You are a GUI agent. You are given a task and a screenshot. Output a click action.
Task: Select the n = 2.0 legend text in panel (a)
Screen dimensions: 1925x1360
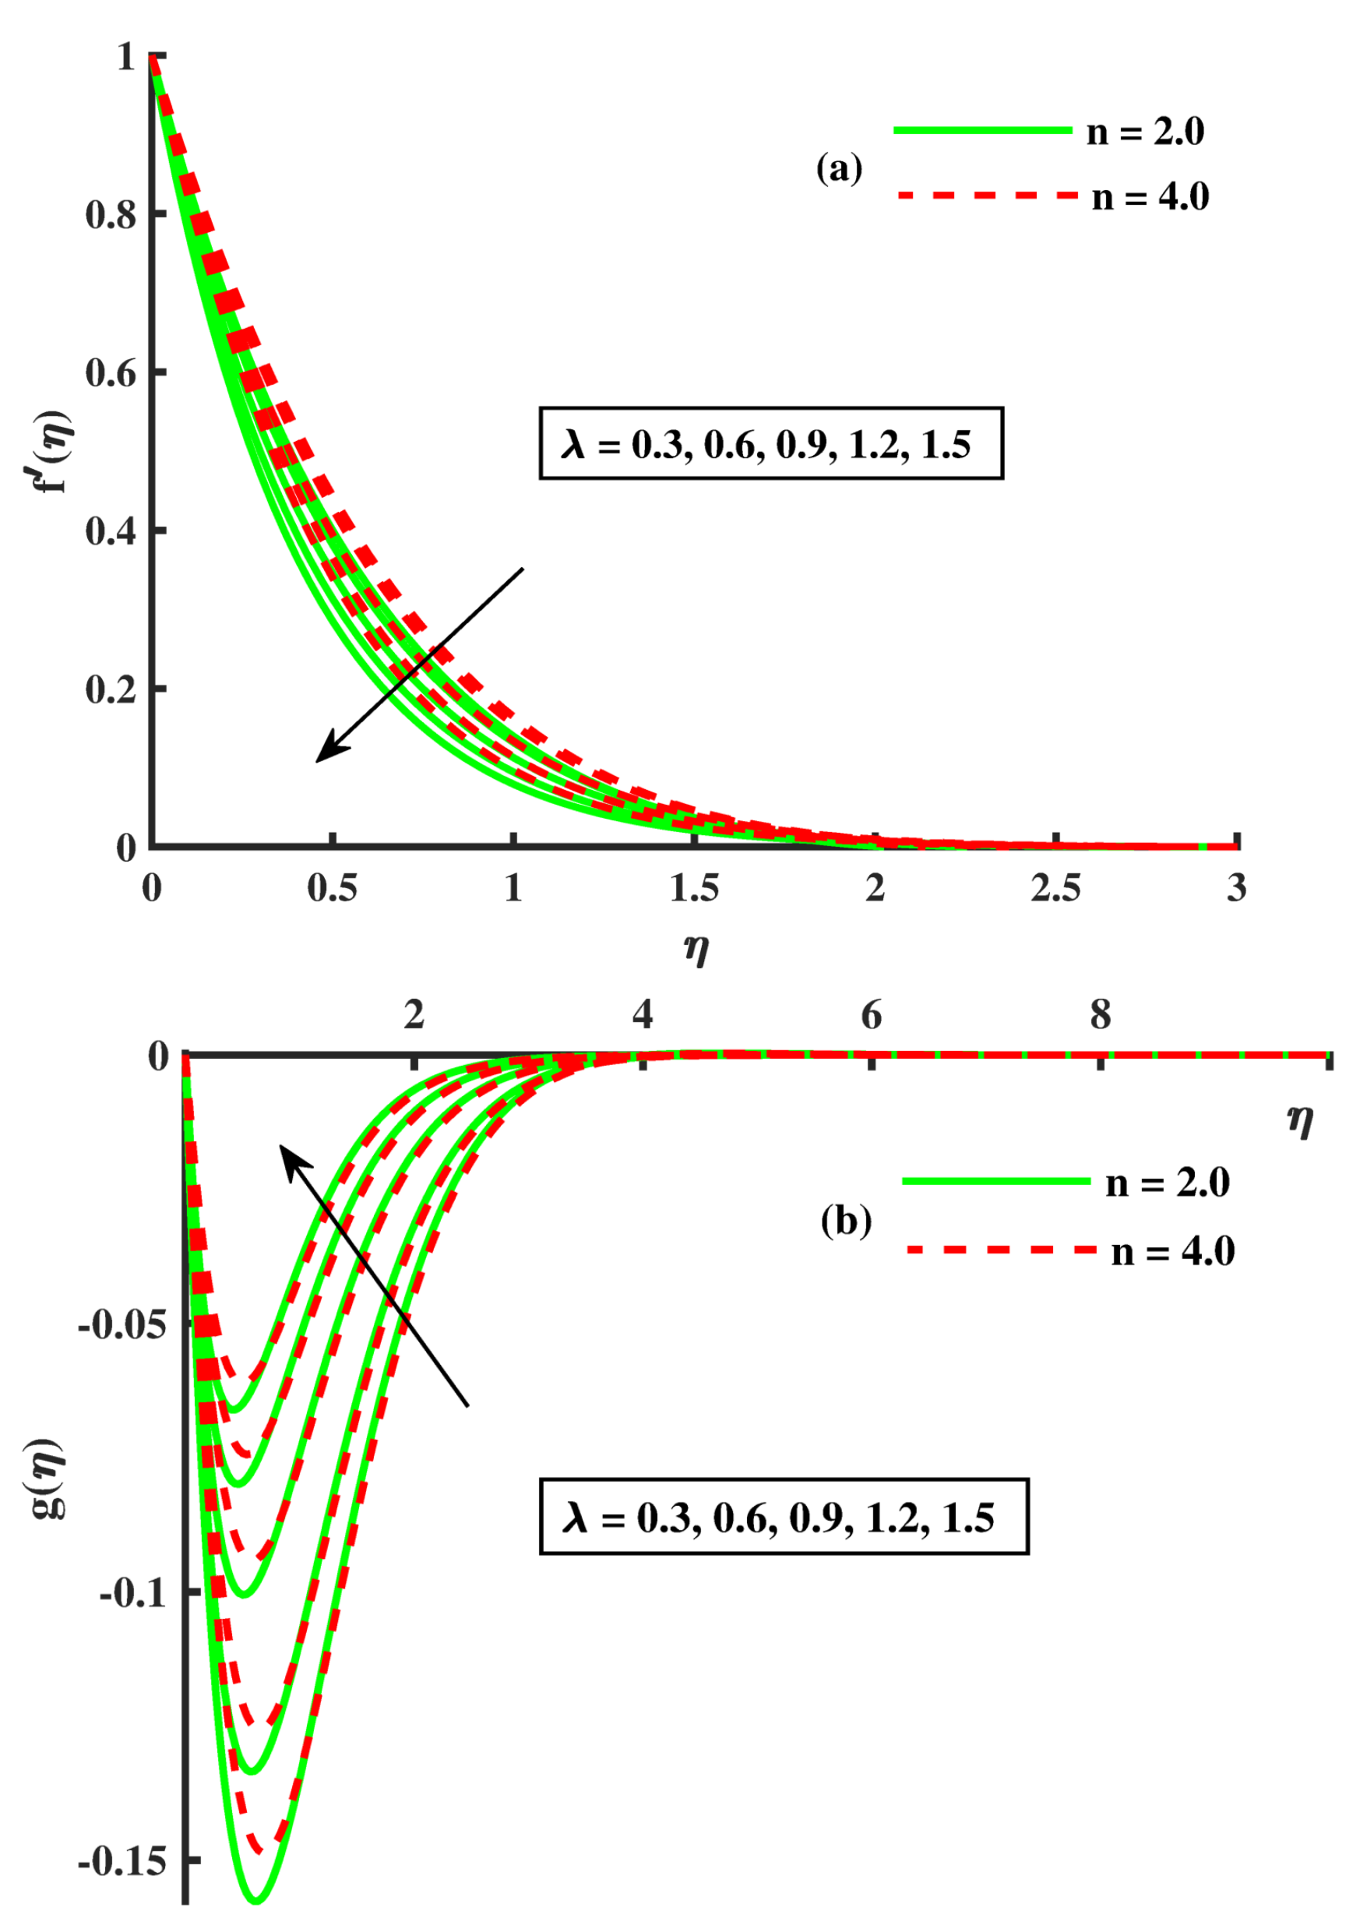click(x=1145, y=132)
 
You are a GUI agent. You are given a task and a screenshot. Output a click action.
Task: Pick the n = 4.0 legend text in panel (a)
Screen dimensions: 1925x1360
click(x=1150, y=197)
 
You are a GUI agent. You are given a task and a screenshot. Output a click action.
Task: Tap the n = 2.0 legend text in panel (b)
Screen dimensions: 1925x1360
click(x=1167, y=1183)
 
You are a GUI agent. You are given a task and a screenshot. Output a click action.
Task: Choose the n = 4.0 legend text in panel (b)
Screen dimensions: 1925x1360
click(x=1173, y=1252)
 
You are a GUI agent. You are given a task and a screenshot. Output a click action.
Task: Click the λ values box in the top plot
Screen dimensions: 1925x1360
click(x=770, y=443)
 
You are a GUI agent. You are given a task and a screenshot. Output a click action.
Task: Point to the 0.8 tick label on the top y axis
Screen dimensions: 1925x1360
click(x=111, y=215)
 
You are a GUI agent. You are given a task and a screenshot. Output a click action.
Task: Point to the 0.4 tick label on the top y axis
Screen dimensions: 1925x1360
click(x=111, y=531)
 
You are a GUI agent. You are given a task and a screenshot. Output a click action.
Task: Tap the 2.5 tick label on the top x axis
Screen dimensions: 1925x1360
click(x=1055, y=889)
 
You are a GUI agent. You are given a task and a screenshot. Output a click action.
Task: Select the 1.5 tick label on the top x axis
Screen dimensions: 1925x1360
click(x=694, y=889)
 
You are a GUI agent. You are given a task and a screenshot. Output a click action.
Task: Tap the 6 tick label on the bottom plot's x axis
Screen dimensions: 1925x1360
click(x=871, y=1016)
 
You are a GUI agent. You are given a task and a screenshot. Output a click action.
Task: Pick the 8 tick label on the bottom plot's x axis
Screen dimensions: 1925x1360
click(x=1100, y=1016)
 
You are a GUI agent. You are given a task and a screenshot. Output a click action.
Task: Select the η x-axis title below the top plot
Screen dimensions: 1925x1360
click(x=696, y=948)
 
